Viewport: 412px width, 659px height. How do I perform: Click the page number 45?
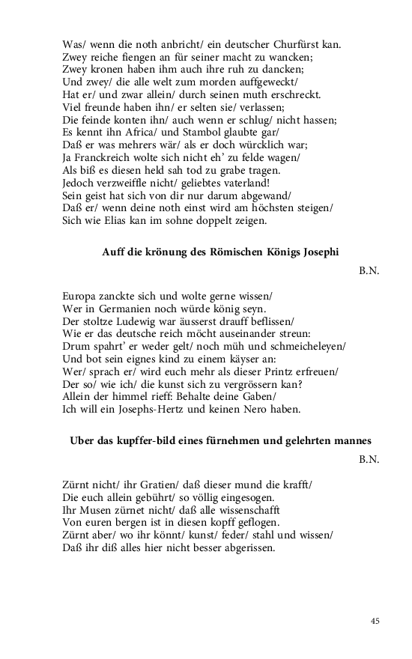375,620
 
